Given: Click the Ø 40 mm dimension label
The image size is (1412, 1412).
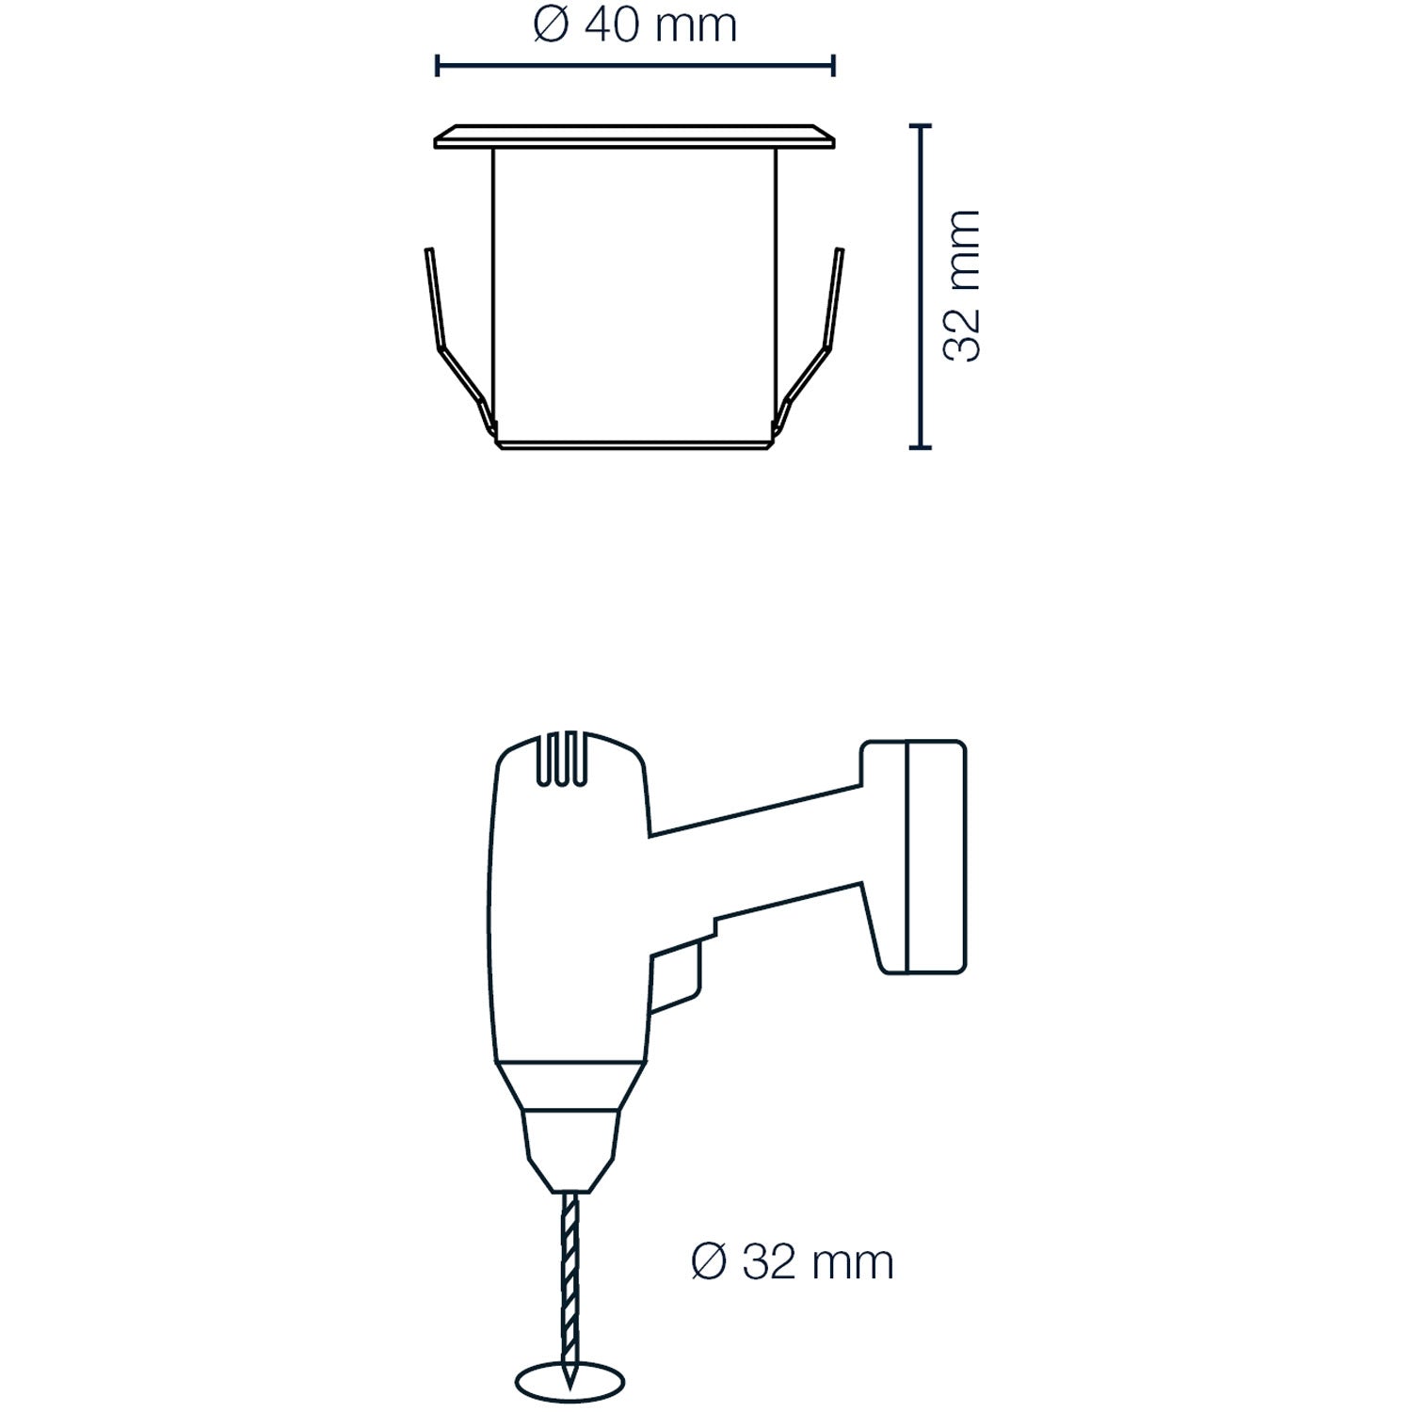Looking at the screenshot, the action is [x=634, y=25].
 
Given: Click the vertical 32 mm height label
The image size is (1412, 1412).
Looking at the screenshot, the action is [x=962, y=286].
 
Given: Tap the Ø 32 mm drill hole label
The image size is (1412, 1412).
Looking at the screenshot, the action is [x=792, y=1262].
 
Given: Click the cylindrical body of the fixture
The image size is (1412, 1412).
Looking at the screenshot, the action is [x=635, y=292].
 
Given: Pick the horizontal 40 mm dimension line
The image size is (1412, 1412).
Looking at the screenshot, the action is [x=635, y=65].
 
